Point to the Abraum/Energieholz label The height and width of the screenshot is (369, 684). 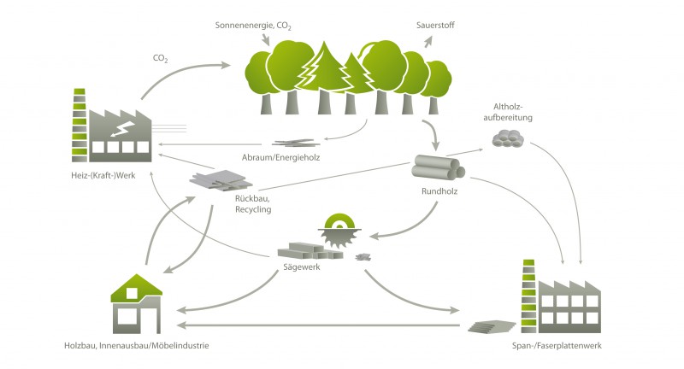[294, 159]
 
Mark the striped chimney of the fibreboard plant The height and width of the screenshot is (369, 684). [528, 290]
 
